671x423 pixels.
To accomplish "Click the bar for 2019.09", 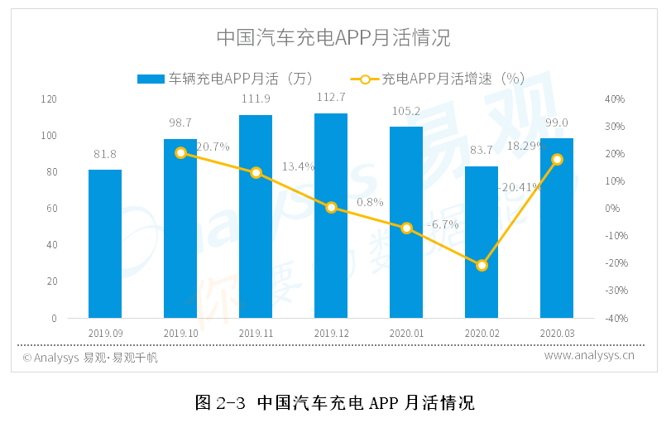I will [x=105, y=243].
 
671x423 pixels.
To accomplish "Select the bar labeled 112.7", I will [x=331, y=215].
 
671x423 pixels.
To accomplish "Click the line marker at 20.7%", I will [x=180, y=152].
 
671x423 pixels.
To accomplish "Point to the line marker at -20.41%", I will [x=482, y=265].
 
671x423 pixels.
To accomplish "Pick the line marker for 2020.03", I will [x=557, y=159].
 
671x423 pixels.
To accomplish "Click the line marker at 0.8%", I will [x=331, y=207].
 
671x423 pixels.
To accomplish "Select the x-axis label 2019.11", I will [x=256, y=332].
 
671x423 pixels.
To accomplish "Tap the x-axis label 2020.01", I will [x=406, y=332].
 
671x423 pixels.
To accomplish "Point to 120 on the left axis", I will [x=50, y=99].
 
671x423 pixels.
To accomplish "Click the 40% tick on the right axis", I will [x=615, y=99].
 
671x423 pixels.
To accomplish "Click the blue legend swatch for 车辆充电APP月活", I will [x=151, y=79].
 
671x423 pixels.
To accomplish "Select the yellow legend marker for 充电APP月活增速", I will [x=365, y=79].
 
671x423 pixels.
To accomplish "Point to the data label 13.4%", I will [x=298, y=166].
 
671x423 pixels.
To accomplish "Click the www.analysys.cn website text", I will [x=589, y=357].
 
